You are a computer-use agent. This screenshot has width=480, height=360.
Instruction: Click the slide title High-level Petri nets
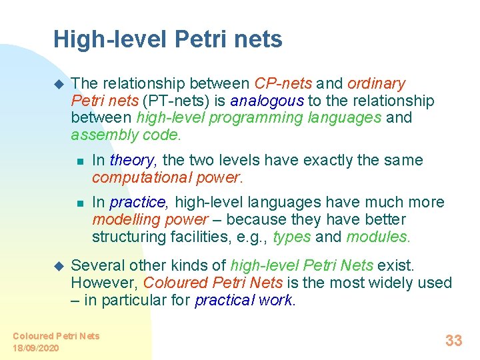[x=168, y=39]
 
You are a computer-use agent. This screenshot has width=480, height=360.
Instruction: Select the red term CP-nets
[x=283, y=83]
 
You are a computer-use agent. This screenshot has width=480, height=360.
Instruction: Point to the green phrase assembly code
[x=125, y=135]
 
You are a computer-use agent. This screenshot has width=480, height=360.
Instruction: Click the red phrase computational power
[x=166, y=177]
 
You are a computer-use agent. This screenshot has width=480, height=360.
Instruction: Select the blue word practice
[x=138, y=202]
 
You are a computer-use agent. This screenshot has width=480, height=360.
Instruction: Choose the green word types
[x=292, y=237]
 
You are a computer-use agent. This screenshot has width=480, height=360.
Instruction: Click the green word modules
[x=378, y=237]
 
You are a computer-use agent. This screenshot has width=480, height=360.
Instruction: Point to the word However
[x=103, y=283]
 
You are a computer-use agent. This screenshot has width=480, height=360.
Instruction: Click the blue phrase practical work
[x=244, y=300]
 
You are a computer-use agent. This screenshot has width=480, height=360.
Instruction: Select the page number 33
[x=453, y=341]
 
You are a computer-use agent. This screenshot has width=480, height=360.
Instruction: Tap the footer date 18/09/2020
[x=36, y=348]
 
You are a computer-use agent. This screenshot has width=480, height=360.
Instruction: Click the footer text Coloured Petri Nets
[x=56, y=336]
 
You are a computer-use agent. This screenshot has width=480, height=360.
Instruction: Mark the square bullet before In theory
[x=79, y=161]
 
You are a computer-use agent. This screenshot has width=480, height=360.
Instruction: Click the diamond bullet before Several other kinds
[x=57, y=265]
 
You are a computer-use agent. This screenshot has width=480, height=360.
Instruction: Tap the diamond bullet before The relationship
[x=57, y=83]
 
